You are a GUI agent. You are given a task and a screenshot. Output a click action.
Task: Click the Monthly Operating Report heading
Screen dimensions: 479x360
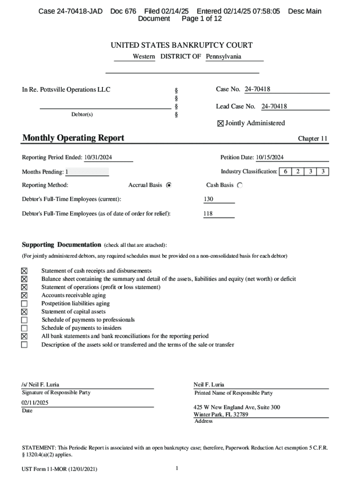click(73, 138)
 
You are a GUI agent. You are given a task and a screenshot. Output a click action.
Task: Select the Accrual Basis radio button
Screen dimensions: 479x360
click(169, 185)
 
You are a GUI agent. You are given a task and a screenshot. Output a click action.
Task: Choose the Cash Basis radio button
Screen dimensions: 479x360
click(240, 185)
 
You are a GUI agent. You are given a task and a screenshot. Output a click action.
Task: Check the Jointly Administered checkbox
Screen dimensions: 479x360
click(221, 123)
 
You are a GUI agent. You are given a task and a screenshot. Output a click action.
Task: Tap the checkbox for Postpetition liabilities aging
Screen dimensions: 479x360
click(24, 304)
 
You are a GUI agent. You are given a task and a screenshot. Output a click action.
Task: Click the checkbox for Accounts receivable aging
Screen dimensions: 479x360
click(24, 296)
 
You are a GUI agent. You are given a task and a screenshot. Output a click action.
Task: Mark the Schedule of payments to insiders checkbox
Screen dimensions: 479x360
click(24, 328)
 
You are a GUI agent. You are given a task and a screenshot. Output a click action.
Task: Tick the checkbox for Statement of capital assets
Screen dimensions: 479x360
click(24, 312)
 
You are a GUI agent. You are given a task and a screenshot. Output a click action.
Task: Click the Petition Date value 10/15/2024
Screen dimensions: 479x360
click(270, 158)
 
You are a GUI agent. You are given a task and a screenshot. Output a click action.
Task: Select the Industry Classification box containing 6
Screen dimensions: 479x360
click(285, 172)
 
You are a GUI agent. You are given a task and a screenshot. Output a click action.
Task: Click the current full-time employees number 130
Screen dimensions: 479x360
click(209, 199)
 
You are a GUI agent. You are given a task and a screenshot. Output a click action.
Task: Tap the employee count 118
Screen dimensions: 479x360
click(209, 214)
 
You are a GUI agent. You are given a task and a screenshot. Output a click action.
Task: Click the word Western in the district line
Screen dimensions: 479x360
click(144, 57)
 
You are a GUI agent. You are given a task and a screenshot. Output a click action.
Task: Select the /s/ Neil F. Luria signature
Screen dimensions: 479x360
click(40, 385)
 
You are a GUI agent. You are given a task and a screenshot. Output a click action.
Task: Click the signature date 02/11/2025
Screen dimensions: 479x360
click(35, 403)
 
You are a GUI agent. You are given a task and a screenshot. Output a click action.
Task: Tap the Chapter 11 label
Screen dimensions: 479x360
click(313, 139)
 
